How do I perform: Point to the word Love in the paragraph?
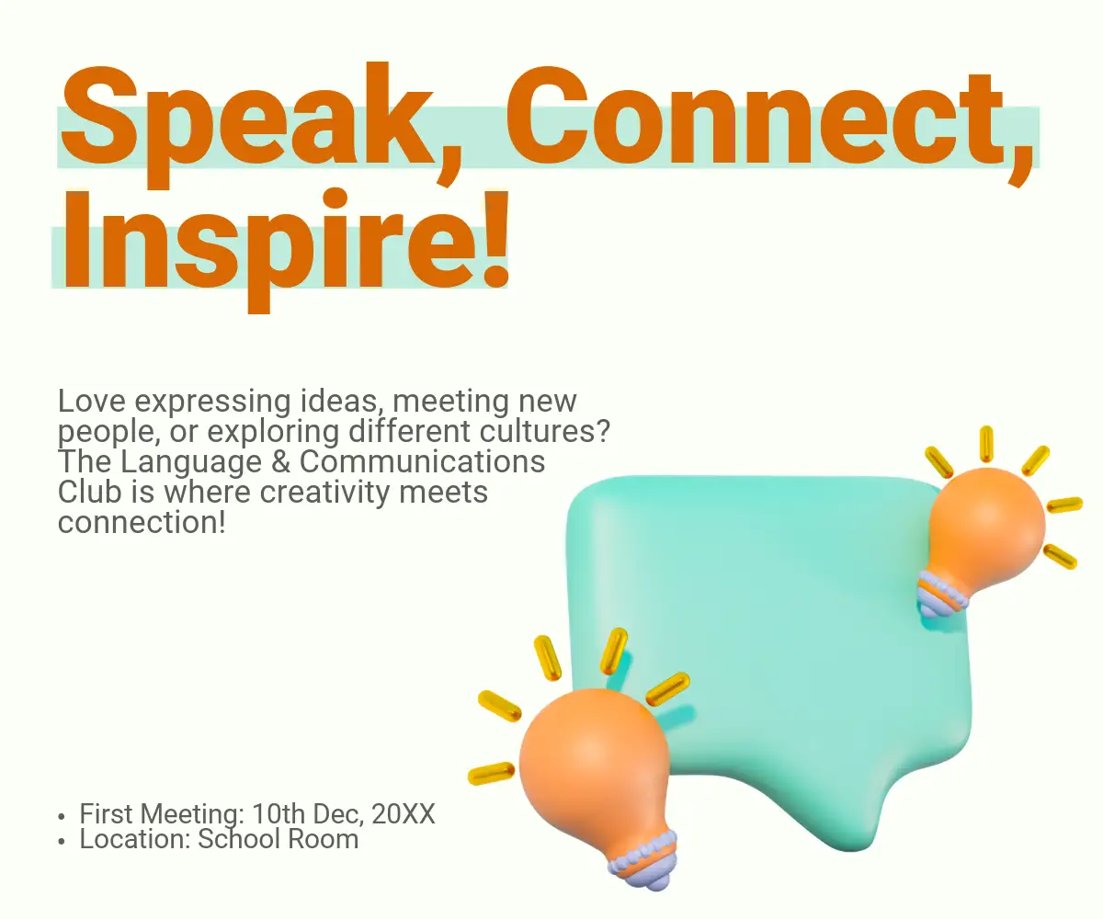tap(92, 402)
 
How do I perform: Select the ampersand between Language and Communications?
tap(281, 461)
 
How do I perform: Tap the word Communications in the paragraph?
tap(422, 461)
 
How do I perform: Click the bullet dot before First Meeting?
tap(62, 817)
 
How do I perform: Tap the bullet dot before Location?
tap(62, 842)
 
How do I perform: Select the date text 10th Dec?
tap(307, 814)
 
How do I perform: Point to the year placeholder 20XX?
tap(404, 814)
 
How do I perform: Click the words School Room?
tap(278, 839)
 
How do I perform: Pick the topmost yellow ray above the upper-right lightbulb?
tap(986, 444)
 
